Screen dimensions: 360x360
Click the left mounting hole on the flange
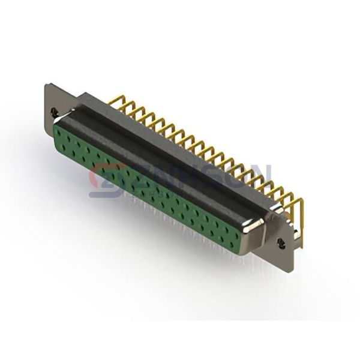point(55,112)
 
